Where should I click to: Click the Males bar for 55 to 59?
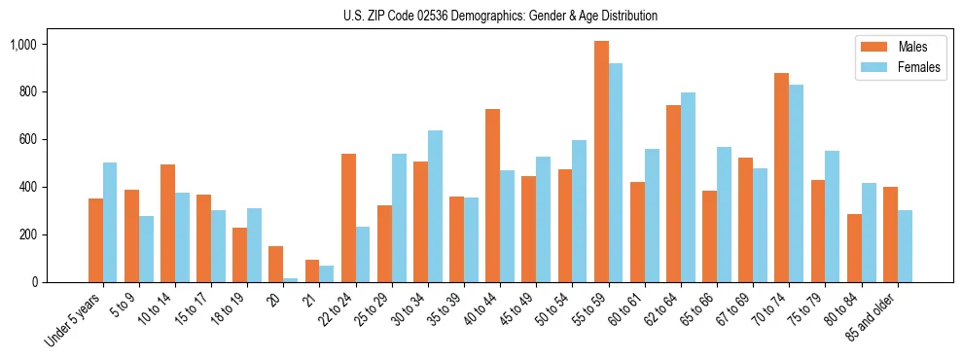(601, 162)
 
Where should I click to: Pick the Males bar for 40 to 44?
(493, 196)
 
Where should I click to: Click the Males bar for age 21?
(312, 271)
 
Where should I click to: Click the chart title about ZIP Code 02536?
(500, 16)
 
